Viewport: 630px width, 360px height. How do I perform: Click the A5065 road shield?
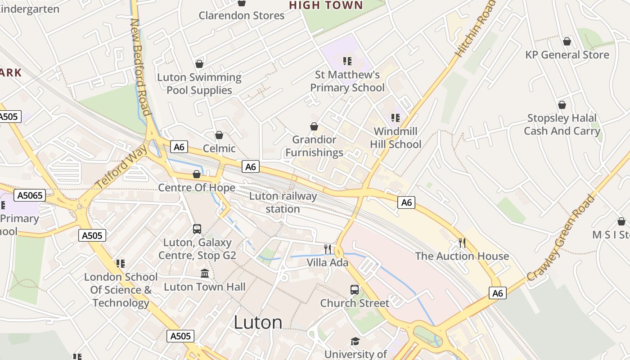[x=30, y=195]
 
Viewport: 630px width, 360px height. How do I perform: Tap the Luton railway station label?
[x=283, y=202]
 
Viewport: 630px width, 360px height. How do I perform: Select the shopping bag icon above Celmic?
[x=219, y=135]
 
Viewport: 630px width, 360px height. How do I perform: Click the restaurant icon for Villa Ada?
[x=328, y=249]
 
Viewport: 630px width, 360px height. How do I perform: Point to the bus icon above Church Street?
[x=355, y=290]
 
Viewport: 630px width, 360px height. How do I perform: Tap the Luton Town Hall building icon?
[x=205, y=274]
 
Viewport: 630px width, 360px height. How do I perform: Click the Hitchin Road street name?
[x=475, y=30]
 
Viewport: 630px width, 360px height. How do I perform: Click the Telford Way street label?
[x=121, y=167]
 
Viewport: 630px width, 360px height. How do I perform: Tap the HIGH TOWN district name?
[x=326, y=5]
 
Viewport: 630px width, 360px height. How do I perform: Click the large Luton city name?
[x=258, y=322]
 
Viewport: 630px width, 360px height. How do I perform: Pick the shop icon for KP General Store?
[x=567, y=41]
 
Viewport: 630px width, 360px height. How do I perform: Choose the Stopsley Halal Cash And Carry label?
[x=562, y=125]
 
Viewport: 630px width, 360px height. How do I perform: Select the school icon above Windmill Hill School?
[x=396, y=118]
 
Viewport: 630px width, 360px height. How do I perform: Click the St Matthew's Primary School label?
[x=347, y=81]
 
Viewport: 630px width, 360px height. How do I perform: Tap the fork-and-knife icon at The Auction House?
[x=462, y=243]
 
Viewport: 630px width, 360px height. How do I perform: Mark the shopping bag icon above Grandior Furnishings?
[x=314, y=126]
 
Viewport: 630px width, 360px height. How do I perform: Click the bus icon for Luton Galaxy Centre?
[x=197, y=229]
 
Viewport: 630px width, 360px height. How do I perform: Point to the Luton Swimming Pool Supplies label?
[x=199, y=84]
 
